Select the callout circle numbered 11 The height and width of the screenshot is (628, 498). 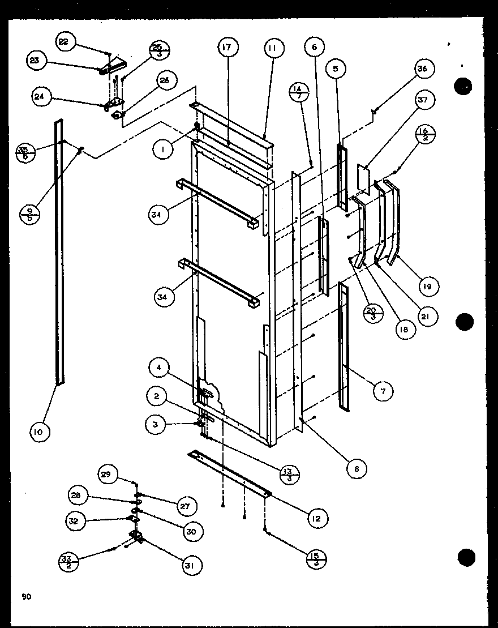point(272,49)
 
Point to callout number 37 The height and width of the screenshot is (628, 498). point(424,100)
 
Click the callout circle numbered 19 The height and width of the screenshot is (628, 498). point(427,287)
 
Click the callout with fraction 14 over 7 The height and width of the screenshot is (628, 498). point(299,92)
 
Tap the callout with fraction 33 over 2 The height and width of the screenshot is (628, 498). point(68,562)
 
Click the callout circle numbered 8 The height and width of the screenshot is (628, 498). point(357,468)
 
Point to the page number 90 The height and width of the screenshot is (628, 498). point(26,596)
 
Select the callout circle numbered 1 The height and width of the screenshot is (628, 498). point(162,149)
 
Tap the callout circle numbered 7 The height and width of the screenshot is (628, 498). point(383,391)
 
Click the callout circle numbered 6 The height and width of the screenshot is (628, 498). point(314,48)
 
